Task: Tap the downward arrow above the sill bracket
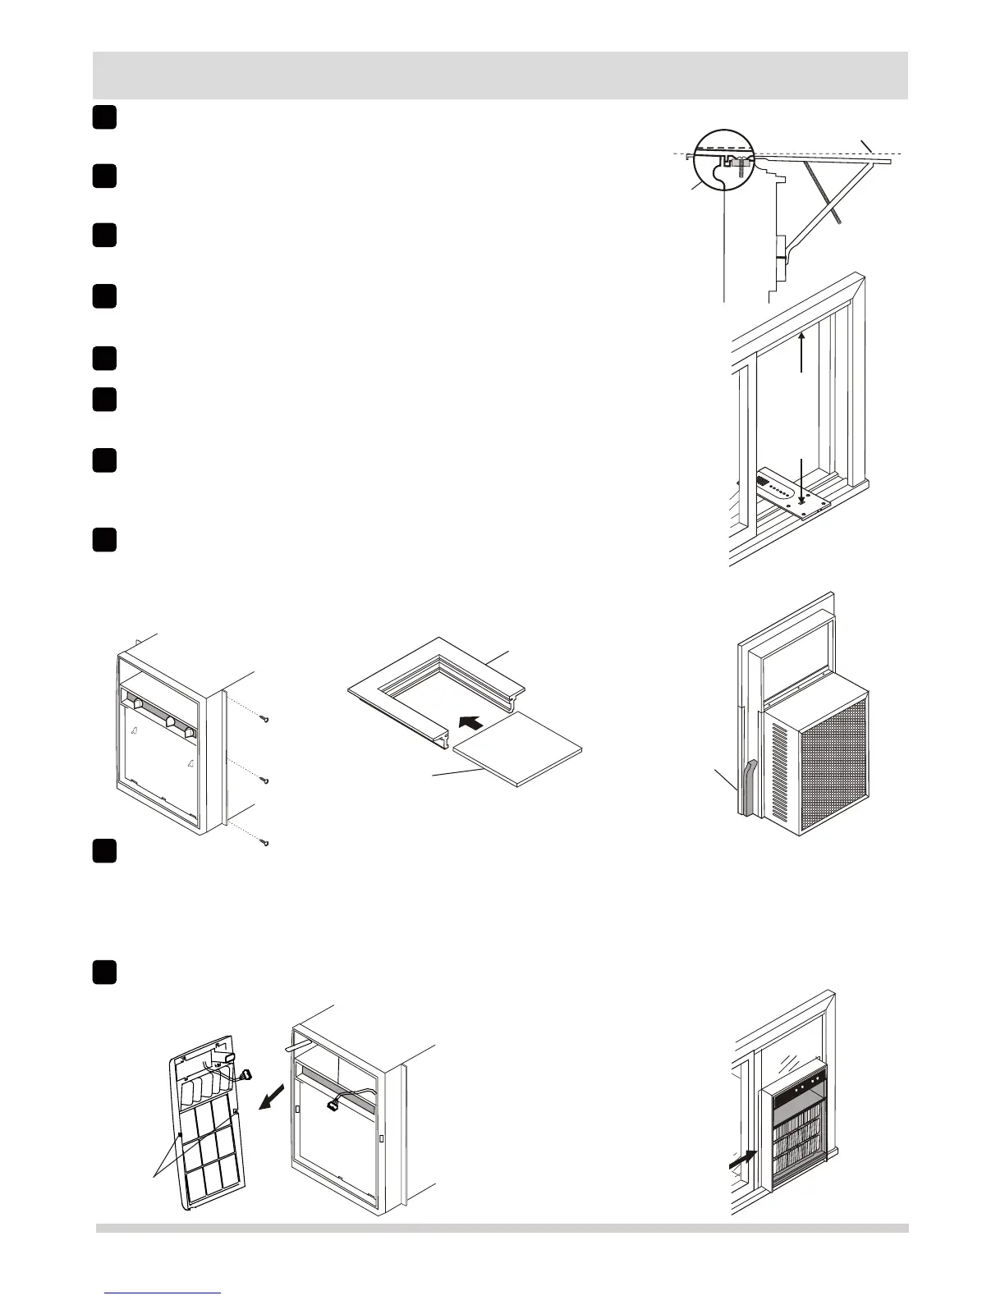point(802,480)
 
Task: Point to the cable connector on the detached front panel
point(245,1074)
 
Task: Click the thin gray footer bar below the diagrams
point(502,1228)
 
